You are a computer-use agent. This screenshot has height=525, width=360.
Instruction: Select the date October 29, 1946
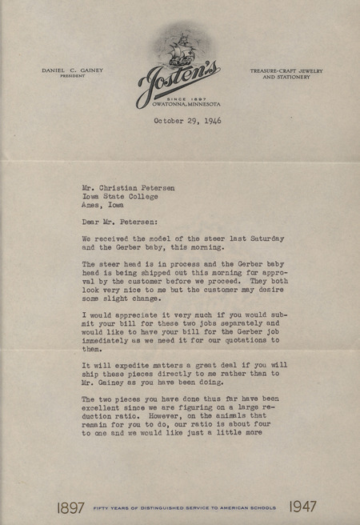click(x=187, y=121)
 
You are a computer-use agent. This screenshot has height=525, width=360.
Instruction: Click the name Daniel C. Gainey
click(x=73, y=70)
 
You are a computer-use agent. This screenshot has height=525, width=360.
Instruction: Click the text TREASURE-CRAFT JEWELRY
click(x=286, y=70)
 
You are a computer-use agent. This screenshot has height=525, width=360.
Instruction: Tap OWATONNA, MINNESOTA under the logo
click(x=186, y=105)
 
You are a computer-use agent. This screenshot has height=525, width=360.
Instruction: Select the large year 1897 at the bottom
click(x=72, y=507)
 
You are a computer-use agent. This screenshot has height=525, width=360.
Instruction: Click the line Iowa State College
click(x=119, y=195)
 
